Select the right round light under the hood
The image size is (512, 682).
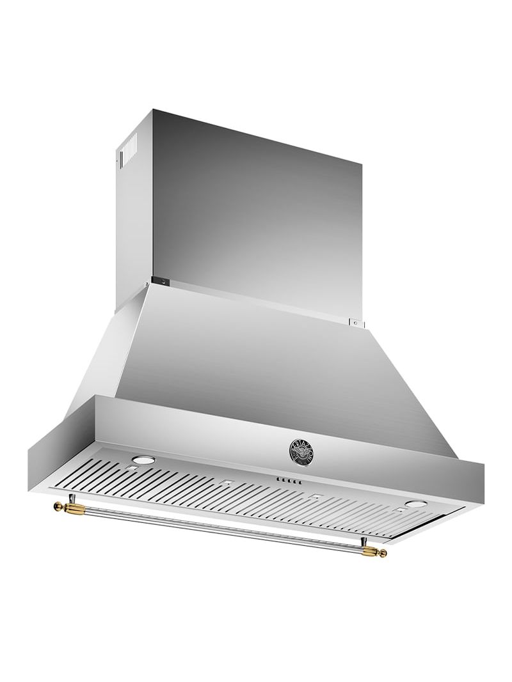coord(417,503)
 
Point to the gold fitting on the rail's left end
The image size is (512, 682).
coord(66,508)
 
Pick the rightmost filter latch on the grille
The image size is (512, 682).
coord(401,509)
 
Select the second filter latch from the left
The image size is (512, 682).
coord(225,483)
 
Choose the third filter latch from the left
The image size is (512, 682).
coord(315,497)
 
